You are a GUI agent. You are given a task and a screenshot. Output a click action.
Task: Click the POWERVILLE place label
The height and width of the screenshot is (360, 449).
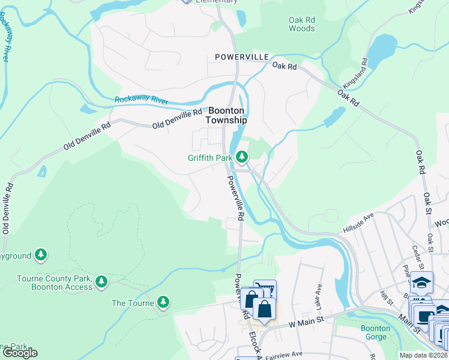(241, 56)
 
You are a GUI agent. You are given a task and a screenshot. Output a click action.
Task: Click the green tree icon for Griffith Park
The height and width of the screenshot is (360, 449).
(242, 157)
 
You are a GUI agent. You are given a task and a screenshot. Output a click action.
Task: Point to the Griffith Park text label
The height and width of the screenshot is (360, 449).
(209, 158)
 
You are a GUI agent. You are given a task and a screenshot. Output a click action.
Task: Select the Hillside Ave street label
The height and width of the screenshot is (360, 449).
(359, 221)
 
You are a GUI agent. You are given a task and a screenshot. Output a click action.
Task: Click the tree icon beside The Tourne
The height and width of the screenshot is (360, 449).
(162, 302)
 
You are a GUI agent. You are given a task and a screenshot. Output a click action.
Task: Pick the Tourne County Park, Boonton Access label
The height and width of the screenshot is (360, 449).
(55, 283)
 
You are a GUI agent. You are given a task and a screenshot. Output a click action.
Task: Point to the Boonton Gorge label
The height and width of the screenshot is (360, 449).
(376, 332)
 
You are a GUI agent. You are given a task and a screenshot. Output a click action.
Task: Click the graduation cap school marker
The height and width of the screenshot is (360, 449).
(422, 282)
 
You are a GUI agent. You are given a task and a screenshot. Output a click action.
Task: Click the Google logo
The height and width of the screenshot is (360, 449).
(19, 352)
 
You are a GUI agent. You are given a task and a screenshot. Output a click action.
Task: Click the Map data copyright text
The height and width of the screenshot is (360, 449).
(423, 355)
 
